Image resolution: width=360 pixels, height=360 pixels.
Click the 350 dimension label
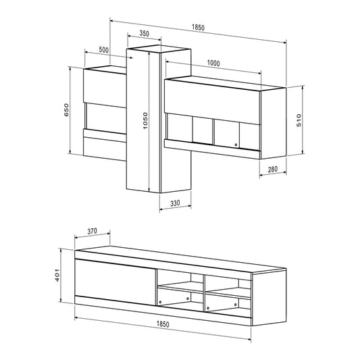click(x=144, y=33)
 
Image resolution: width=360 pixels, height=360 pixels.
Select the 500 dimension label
click(x=103, y=50)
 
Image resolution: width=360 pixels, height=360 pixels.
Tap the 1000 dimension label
click(x=213, y=63)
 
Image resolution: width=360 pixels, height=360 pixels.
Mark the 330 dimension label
click(x=175, y=203)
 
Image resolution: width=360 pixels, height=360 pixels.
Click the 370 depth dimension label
click(x=94, y=230)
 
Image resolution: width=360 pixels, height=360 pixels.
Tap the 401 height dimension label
click(x=59, y=276)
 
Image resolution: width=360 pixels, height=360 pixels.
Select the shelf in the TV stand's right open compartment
click(x=228, y=290)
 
